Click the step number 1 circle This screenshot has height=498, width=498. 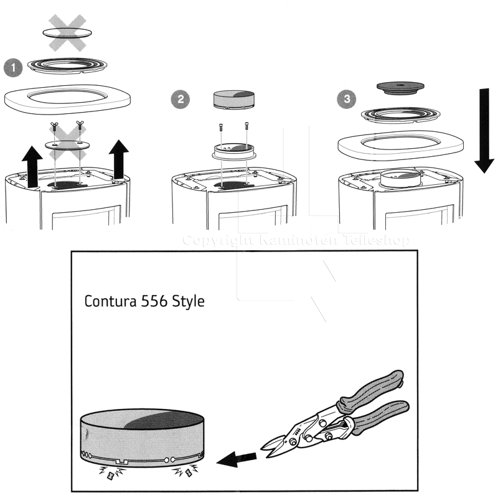(x=13, y=68)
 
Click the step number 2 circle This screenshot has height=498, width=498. (x=181, y=99)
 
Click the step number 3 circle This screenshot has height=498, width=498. (x=347, y=99)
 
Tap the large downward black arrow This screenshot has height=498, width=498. (x=484, y=131)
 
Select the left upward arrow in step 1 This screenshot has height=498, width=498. (x=32, y=167)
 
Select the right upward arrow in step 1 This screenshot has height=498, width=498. (x=119, y=159)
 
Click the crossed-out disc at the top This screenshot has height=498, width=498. (x=67, y=32)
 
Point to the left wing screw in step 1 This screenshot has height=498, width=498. (x=54, y=127)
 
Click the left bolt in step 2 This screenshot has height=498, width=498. (x=221, y=128)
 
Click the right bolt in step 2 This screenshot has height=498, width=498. (x=247, y=126)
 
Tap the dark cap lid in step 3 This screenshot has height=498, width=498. (x=400, y=88)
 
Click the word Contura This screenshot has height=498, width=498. (x=110, y=301)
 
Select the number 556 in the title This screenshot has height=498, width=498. (x=154, y=301)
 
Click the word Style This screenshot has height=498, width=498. (x=188, y=302)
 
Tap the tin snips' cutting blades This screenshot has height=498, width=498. (x=276, y=446)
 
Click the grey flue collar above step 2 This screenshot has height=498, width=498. (x=234, y=100)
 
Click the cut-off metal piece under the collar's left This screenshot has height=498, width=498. (x=111, y=476)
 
